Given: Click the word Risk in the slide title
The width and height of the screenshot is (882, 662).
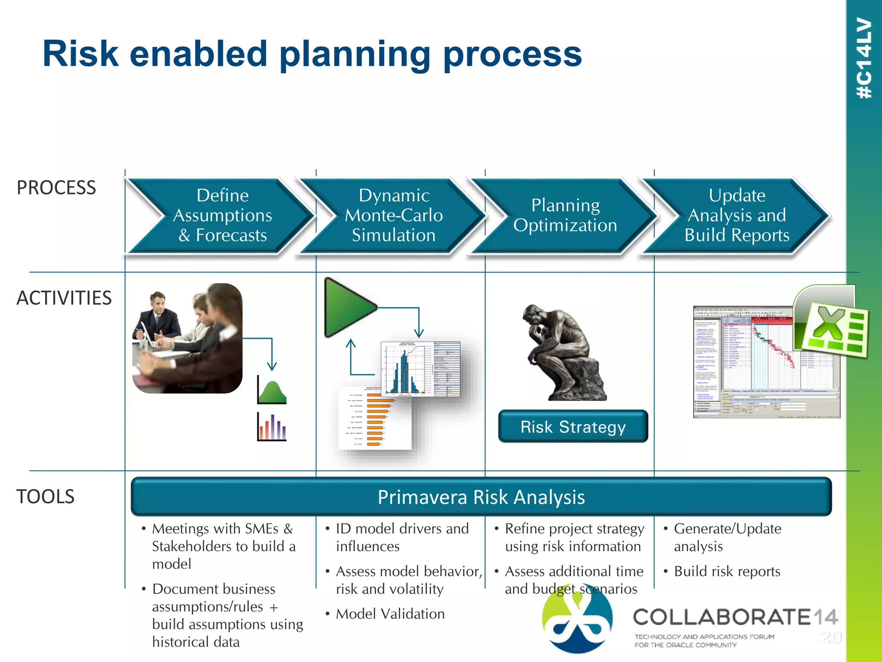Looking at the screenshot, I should (x=81, y=54).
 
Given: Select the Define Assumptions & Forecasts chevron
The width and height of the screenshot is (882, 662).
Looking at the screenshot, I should (x=222, y=215).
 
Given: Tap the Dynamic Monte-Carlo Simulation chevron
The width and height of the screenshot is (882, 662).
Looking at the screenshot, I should (x=394, y=215).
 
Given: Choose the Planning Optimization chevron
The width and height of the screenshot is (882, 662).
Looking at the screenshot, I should (x=565, y=215).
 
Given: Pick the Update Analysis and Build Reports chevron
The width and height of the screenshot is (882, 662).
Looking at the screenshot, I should (x=736, y=215).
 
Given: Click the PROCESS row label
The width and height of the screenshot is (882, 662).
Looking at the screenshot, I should (x=56, y=188).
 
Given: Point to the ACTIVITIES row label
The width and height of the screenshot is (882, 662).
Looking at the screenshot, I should (x=64, y=298).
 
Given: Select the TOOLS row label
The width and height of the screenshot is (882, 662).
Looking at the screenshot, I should (x=45, y=496).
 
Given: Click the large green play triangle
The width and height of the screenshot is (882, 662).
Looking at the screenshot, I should (x=347, y=307).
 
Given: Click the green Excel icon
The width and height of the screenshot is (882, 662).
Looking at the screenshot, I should (x=831, y=328).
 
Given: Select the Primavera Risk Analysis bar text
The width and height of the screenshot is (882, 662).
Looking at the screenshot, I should (x=481, y=497).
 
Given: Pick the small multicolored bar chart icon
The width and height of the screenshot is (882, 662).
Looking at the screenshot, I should (x=272, y=427).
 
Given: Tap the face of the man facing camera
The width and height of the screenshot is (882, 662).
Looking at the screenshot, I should (x=158, y=304).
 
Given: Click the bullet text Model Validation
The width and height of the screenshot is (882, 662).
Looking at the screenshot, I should (x=390, y=614).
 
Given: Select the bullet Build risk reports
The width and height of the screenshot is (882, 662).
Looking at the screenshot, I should (x=727, y=571).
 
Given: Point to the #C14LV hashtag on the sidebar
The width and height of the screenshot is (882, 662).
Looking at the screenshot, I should (x=864, y=58).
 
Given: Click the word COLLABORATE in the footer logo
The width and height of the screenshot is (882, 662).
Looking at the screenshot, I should (x=722, y=617).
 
